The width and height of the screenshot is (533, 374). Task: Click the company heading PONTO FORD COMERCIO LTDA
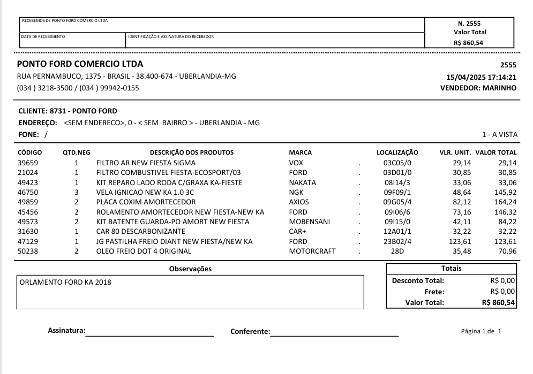tap(80, 65)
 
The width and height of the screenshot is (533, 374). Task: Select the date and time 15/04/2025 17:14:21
tap(477, 77)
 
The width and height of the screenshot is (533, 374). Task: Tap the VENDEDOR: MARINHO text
tap(478, 88)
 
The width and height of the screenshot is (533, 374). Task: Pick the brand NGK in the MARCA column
tap(296, 192)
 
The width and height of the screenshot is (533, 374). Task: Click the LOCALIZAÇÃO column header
tap(397, 152)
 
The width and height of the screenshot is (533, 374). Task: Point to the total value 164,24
tap(505, 202)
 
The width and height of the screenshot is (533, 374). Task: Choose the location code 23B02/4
tap(397, 241)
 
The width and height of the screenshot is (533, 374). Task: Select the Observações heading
tap(190, 269)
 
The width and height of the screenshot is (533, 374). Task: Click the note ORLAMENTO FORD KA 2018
tap(65, 282)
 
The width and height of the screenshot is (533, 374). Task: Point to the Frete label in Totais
tap(434, 292)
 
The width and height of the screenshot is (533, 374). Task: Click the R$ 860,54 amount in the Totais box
tap(498, 302)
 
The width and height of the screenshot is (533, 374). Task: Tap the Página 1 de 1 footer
tap(481, 331)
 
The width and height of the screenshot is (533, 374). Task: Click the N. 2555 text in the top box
tap(469, 24)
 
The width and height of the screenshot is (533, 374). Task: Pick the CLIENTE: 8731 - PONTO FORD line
tap(67, 111)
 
